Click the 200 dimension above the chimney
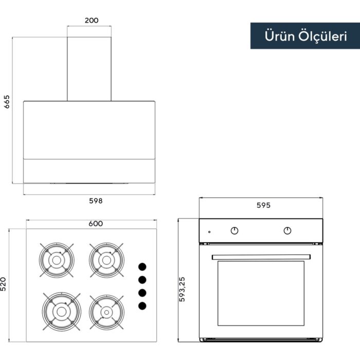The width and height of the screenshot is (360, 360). [x=92, y=21]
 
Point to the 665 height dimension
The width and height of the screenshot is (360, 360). [x=7, y=102]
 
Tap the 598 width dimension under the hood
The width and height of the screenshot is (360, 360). [x=96, y=201]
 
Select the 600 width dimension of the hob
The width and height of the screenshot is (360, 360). [x=96, y=224]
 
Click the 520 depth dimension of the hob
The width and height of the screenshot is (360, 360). [x=3, y=284]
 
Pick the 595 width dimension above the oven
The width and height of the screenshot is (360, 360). [x=263, y=205]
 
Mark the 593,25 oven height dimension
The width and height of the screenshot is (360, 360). [x=182, y=289]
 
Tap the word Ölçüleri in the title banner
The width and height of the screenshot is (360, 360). [x=322, y=37]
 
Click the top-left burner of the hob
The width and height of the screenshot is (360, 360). [x=57, y=260]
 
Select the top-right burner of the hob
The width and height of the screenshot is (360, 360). [x=106, y=260]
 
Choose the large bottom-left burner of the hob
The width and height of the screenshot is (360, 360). [x=62, y=312]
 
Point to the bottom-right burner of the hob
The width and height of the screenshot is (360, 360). [x=106, y=312]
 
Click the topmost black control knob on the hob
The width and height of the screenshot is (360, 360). [x=142, y=267]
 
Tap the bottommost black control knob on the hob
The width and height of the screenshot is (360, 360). [x=142, y=306]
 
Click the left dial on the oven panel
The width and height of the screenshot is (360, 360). [x=235, y=231]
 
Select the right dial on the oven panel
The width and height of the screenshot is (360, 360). [x=287, y=231]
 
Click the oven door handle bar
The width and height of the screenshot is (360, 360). [x=261, y=257]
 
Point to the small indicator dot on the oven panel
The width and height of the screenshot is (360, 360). [x=209, y=232]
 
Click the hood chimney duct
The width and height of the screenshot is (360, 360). [x=89, y=69]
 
